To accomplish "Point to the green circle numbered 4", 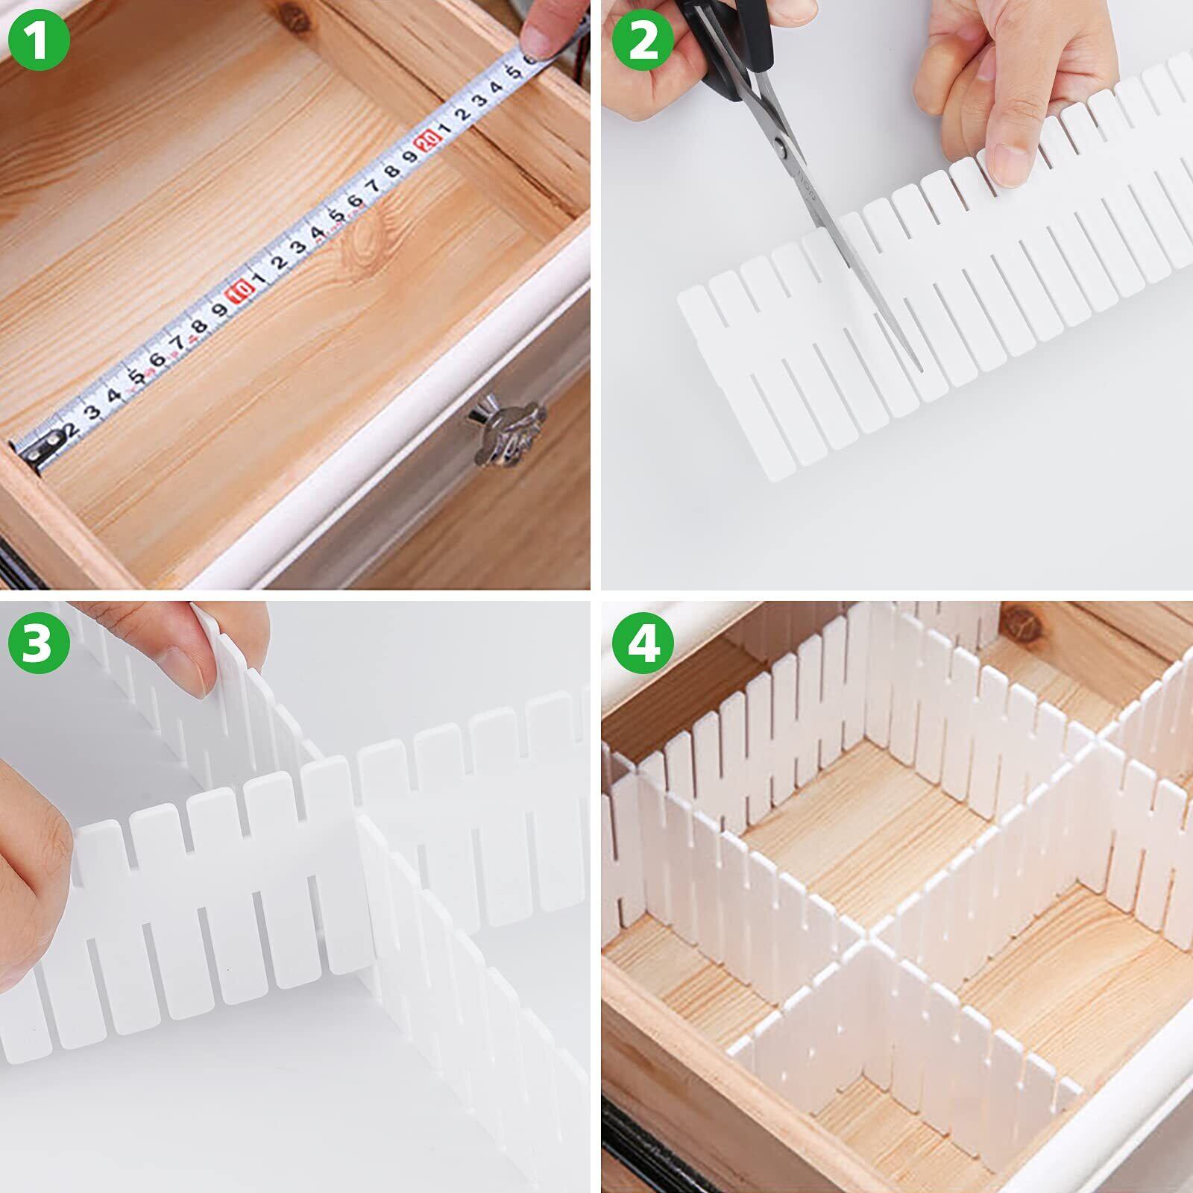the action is click(x=643, y=643).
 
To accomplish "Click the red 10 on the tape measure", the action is click(x=239, y=291).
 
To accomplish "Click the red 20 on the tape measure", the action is click(x=428, y=141).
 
